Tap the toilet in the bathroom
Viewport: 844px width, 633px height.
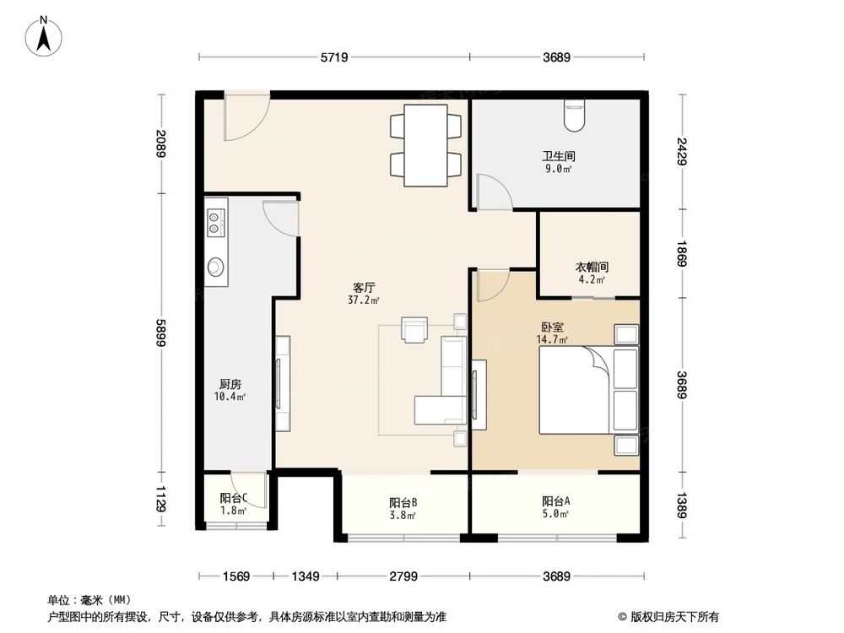(x=576, y=114)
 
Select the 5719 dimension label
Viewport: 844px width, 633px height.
(x=334, y=58)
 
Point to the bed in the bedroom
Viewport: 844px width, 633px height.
(x=574, y=390)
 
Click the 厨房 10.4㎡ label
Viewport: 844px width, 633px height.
(x=230, y=390)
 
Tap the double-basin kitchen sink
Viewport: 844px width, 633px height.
(x=215, y=221)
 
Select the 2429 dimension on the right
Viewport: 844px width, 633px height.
(x=682, y=151)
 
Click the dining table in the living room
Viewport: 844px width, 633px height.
(x=426, y=145)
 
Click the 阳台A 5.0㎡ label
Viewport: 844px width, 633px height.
(x=555, y=507)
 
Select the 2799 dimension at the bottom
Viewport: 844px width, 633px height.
(x=403, y=577)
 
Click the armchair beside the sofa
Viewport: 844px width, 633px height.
(x=414, y=329)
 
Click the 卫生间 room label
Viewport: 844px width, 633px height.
(x=557, y=161)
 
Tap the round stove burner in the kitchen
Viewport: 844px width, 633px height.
(x=216, y=268)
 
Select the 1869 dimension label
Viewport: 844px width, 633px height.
(x=682, y=252)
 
